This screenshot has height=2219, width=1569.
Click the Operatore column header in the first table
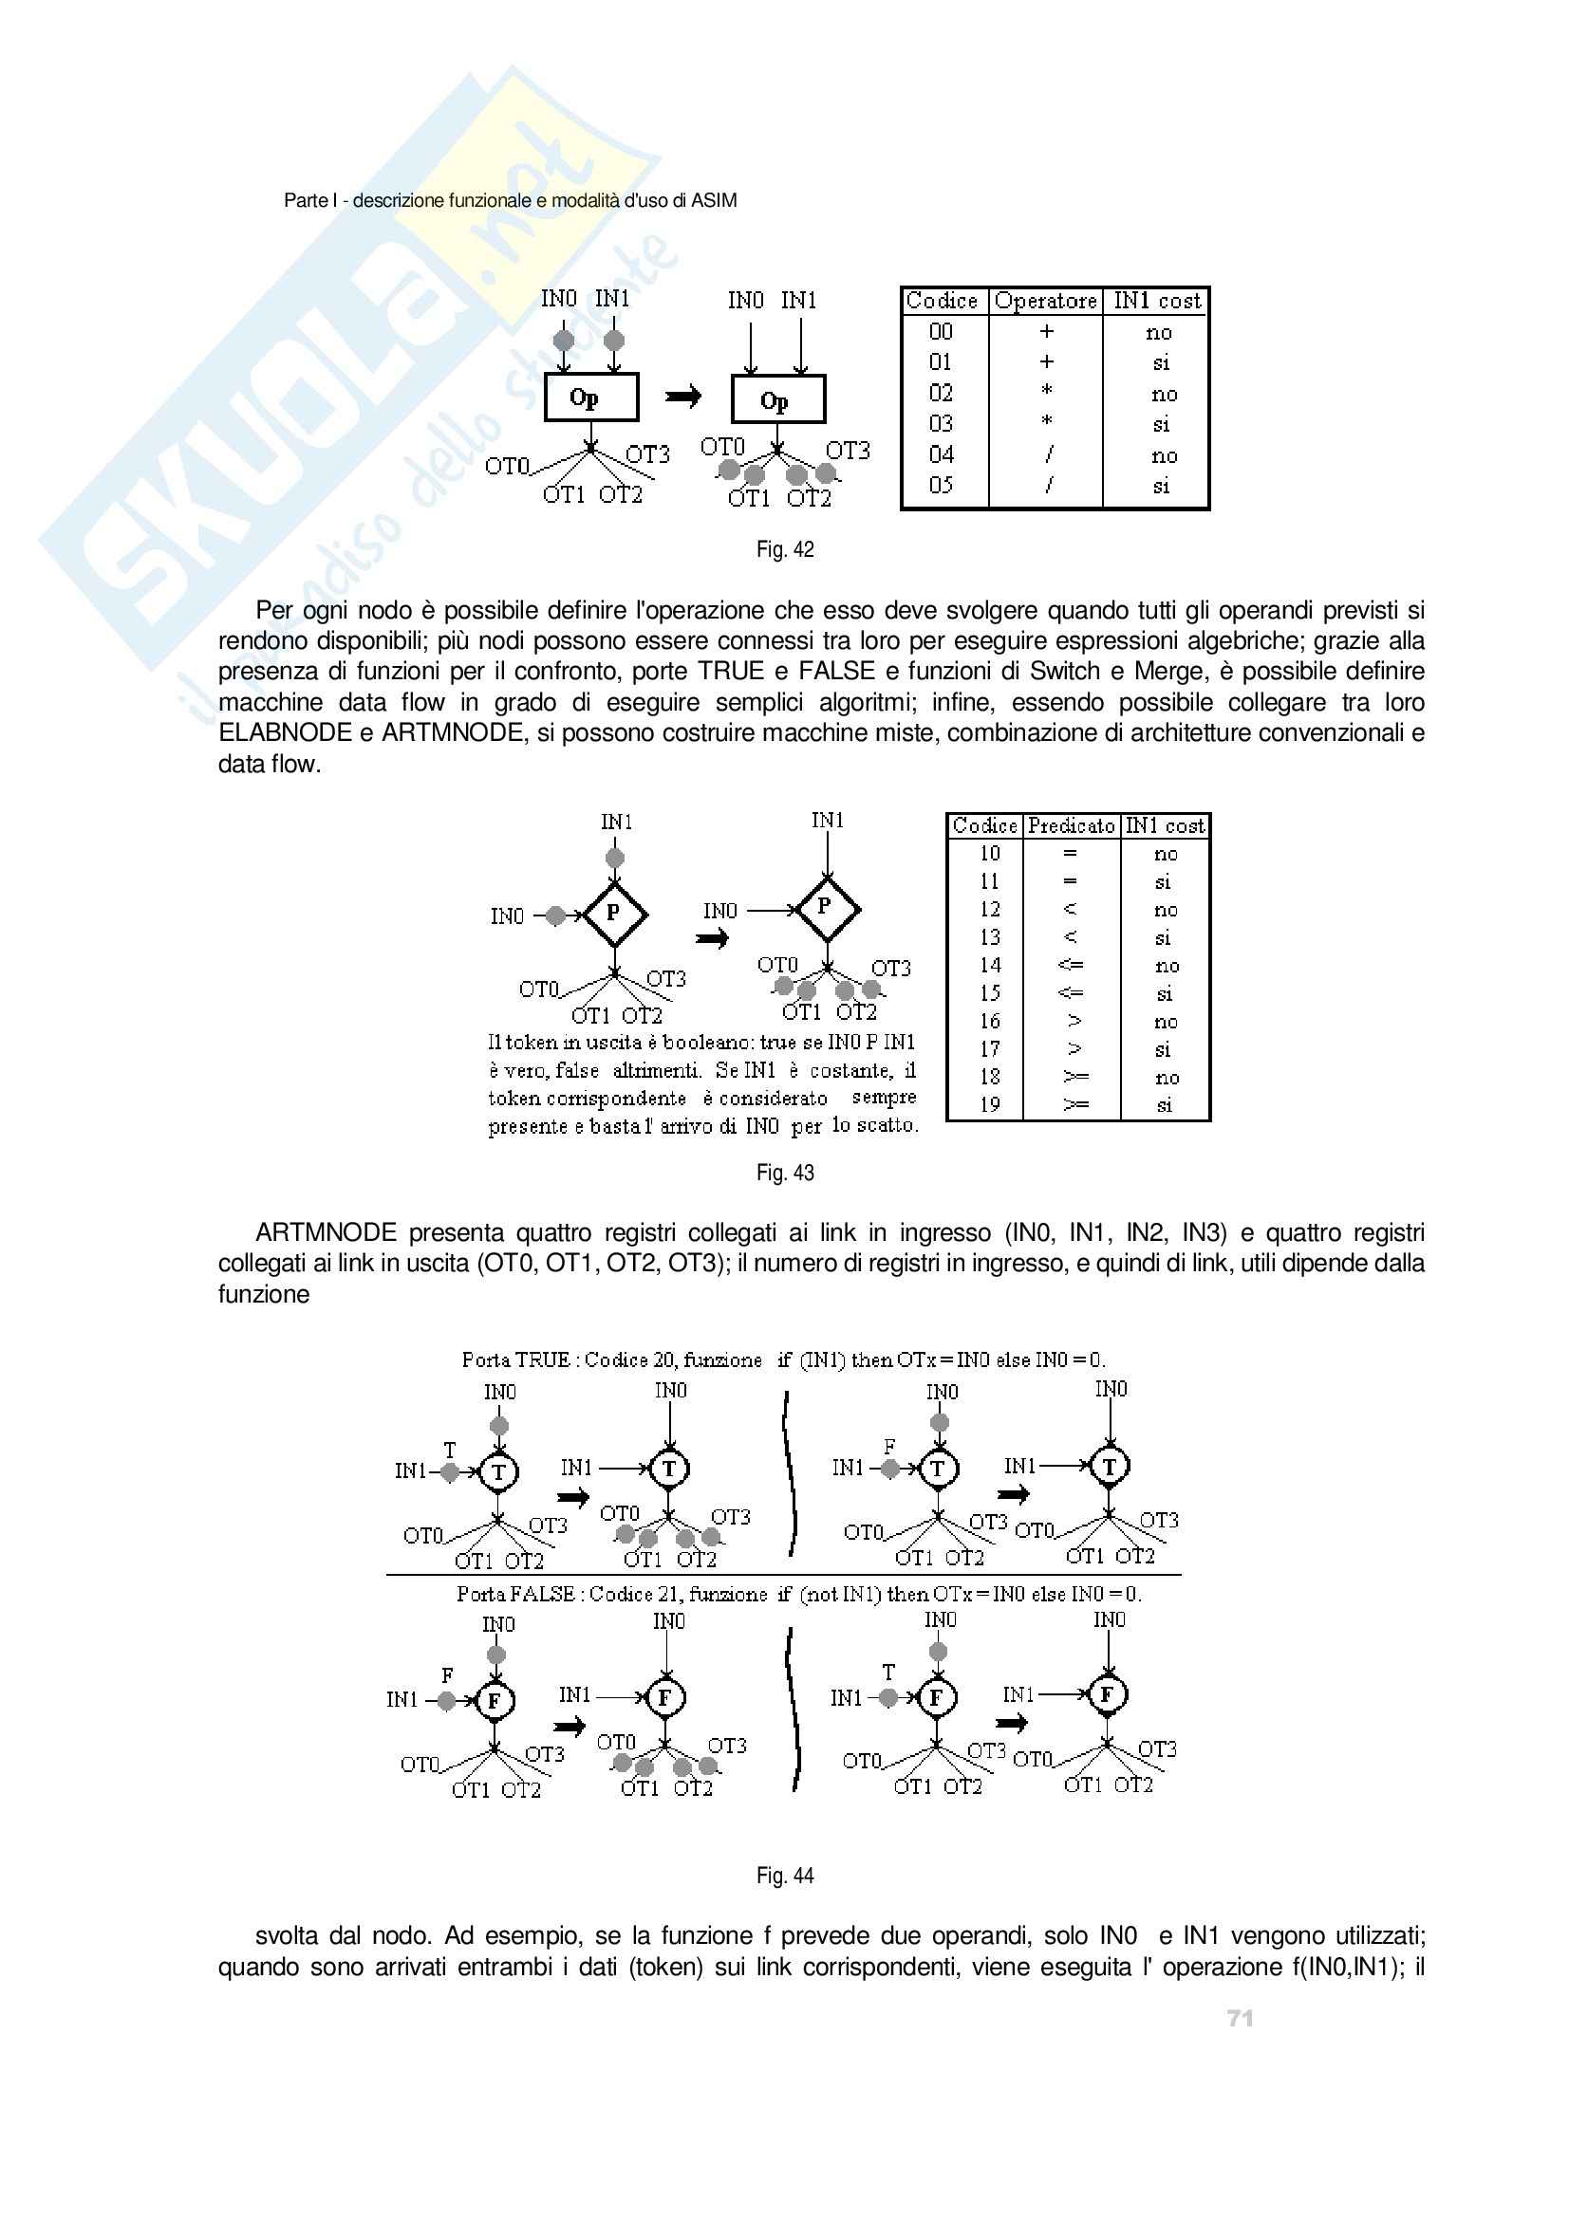tap(1045, 302)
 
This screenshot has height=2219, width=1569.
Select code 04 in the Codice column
tap(941, 454)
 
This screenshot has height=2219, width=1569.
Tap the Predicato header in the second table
tap(1070, 826)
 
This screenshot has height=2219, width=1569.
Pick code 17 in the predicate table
tap(990, 1048)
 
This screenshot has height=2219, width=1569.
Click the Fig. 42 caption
tap(785, 550)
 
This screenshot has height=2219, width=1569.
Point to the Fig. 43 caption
tap(785, 1174)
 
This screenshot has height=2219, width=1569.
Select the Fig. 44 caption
tap(785, 1876)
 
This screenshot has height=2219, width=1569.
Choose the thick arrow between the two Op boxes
tap(682, 397)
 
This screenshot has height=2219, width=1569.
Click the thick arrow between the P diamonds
tap(713, 938)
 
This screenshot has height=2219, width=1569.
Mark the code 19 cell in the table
tap(990, 1104)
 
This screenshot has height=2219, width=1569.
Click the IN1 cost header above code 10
tap(1165, 826)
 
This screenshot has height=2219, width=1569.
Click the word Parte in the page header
tap(306, 201)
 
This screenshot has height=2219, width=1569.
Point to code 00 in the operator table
tap(941, 331)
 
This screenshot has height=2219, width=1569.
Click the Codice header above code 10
tap(984, 826)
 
